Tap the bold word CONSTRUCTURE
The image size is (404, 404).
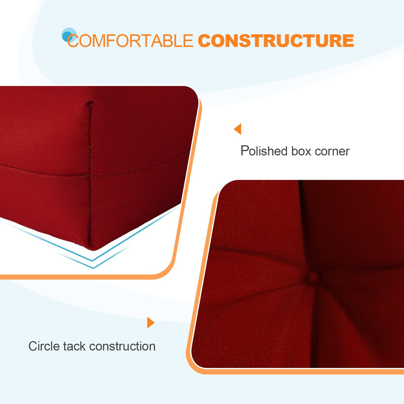pyautogui.click(x=276, y=41)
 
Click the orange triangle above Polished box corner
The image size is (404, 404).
pyautogui.click(x=238, y=129)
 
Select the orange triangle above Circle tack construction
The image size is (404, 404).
pyautogui.click(x=150, y=322)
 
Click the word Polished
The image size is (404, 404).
pyautogui.click(x=264, y=151)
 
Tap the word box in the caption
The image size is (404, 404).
pyautogui.click(x=301, y=151)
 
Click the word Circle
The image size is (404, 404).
pyautogui.click(x=44, y=346)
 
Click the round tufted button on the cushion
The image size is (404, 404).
pyautogui.click(x=312, y=277)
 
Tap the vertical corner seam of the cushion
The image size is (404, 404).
pyautogui.click(x=90, y=173)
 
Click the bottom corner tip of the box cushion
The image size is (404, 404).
pyautogui.click(x=92, y=248)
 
